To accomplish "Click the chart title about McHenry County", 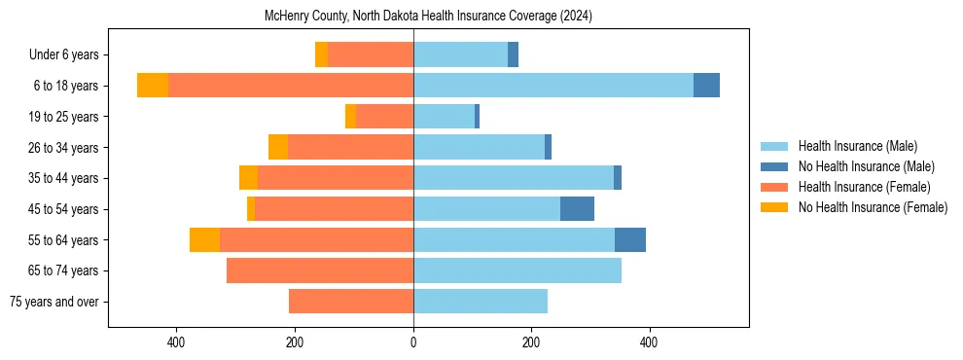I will [x=428, y=17].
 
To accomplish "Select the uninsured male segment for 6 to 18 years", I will [x=706, y=86].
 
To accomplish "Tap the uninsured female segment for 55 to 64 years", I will [x=204, y=239].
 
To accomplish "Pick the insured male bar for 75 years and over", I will [x=481, y=302].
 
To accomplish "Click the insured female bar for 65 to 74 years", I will [x=320, y=270].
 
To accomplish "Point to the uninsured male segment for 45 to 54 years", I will [x=577, y=209].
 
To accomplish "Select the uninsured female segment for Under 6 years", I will [x=321, y=54].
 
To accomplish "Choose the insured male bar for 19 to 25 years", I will [x=444, y=117].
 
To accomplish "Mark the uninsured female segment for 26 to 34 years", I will [x=278, y=147].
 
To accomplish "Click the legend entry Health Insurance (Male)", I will [x=857, y=146].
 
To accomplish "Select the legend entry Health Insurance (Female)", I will [x=864, y=187].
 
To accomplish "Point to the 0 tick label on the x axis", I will [x=413, y=342].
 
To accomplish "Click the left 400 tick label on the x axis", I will [x=176, y=342].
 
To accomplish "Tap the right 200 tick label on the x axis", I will [x=531, y=342].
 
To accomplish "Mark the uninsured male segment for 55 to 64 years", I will [x=630, y=239].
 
